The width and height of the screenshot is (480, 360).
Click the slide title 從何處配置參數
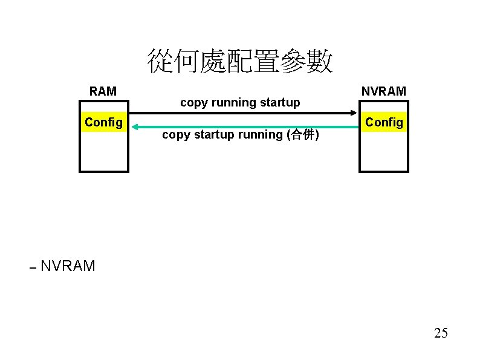pos(240,62)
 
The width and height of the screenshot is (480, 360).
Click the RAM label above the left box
pos(103,91)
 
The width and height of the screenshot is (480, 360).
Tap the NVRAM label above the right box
pos(384,91)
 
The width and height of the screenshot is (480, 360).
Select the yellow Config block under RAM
pos(103,122)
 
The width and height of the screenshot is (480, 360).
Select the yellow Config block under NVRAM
pos(384,122)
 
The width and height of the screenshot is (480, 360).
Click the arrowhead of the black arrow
pos(354,113)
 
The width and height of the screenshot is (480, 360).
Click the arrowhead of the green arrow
pos(135,126)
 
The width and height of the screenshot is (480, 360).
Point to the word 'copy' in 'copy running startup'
pos(193,103)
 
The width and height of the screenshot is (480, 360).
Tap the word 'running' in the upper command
pos(233,103)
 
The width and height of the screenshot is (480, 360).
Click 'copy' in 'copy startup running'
pos(175,135)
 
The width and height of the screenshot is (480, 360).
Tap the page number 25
pos(441,333)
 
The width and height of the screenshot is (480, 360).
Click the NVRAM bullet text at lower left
pos(68,266)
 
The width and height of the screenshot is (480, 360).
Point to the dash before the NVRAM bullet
pos(33,267)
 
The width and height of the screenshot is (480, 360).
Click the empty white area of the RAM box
pos(103,151)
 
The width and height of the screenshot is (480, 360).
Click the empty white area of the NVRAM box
pos(384,151)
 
